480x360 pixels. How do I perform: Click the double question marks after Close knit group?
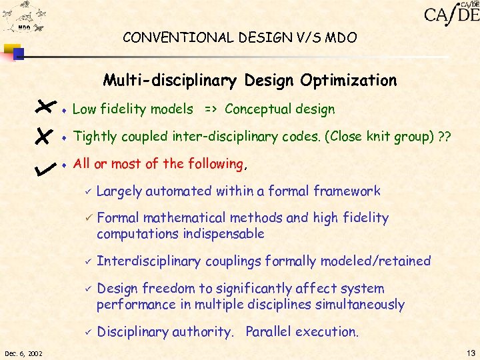(x=445, y=137)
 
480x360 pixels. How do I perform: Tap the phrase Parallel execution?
(x=302, y=332)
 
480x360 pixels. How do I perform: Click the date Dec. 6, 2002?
(x=23, y=353)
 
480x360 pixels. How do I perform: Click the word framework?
(x=347, y=191)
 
